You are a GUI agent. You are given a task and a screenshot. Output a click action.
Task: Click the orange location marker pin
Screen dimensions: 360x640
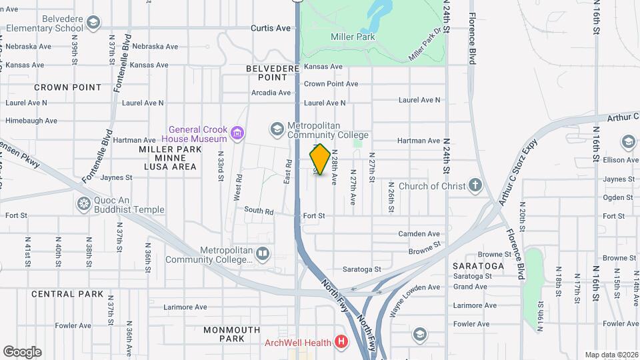click(x=320, y=159)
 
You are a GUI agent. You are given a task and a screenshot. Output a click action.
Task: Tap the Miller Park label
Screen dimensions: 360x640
click(x=353, y=37)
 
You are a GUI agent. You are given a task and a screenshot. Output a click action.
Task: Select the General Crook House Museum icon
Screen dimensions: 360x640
click(x=237, y=134)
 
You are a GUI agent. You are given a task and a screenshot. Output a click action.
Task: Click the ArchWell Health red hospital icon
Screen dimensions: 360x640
click(x=342, y=343)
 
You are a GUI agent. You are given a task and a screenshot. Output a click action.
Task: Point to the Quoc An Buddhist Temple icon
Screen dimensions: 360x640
click(x=84, y=203)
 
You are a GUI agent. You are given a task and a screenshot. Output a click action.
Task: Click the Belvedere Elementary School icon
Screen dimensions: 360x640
click(x=93, y=24)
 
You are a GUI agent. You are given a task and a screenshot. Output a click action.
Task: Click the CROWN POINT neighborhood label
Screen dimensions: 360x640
click(x=68, y=87)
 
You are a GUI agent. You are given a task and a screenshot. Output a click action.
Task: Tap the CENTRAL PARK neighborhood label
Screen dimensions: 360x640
click(x=67, y=294)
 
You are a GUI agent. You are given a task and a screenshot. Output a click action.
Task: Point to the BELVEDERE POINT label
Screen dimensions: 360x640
click(x=271, y=73)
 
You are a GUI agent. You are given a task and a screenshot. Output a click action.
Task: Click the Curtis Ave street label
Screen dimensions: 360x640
click(x=271, y=28)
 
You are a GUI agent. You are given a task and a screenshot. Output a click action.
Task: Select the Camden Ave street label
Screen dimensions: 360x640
click(x=419, y=234)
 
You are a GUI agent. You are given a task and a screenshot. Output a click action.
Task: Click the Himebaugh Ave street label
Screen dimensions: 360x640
click(x=31, y=121)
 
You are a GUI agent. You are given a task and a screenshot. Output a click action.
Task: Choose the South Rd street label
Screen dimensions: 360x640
click(x=259, y=211)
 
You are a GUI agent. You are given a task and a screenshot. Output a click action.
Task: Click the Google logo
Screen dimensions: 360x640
click(x=22, y=352)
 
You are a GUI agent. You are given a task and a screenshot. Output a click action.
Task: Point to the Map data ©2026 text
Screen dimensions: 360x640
click(x=612, y=355)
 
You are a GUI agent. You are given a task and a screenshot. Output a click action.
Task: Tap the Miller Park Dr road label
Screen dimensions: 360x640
click(x=426, y=45)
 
